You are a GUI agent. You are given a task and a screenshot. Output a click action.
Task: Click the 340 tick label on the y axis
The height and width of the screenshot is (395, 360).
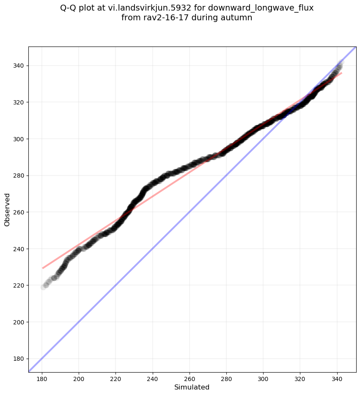point(18,66)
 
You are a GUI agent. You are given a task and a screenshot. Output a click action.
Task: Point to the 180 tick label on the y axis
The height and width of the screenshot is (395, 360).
point(18,359)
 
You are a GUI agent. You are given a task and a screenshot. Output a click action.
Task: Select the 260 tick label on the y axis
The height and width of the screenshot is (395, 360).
point(18,212)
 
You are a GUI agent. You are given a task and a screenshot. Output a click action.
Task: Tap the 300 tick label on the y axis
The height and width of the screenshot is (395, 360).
point(18,139)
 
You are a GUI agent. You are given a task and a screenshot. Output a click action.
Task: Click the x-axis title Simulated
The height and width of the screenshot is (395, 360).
point(192,387)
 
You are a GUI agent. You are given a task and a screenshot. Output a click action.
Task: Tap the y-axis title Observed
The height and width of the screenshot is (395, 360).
point(7,209)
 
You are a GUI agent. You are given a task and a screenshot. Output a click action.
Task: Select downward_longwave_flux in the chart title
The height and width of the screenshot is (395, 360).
point(261,8)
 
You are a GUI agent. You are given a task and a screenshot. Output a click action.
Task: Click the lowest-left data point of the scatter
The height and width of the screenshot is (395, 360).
point(43,287)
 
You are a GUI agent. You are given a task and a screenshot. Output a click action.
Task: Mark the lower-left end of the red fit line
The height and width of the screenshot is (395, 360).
point(42,268)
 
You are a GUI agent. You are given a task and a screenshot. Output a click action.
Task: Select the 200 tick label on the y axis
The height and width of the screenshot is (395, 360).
point(18,322)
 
